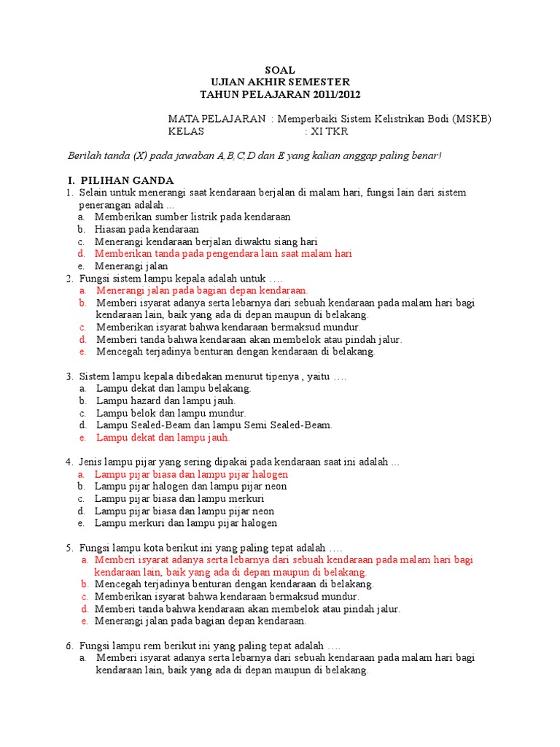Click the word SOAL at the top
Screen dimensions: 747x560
pyautogui.click(x=280, y=70)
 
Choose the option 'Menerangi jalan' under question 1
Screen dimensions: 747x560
pyautogui.click(x=131, y=266)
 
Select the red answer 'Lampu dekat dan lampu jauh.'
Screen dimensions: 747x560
pyautogui.click(x=163, y=438)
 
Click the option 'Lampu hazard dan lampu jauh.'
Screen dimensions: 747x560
pyautogui.click(x=166, y=400)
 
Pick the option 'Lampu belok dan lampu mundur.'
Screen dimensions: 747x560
pyautogui.click(x=167, y=413)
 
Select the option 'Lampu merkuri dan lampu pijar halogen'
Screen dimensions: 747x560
pyautogui.click(x=186, y=523)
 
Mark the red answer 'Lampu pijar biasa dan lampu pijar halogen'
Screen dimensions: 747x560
pyautogui.click(x=191, y=474)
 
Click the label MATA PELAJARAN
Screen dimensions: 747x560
pyautogui.click(x=217, y=119)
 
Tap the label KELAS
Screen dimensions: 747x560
pyautogui.click(x=187, y=131)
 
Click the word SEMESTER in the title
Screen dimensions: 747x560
pyautogui.click(x=319, y=82)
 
